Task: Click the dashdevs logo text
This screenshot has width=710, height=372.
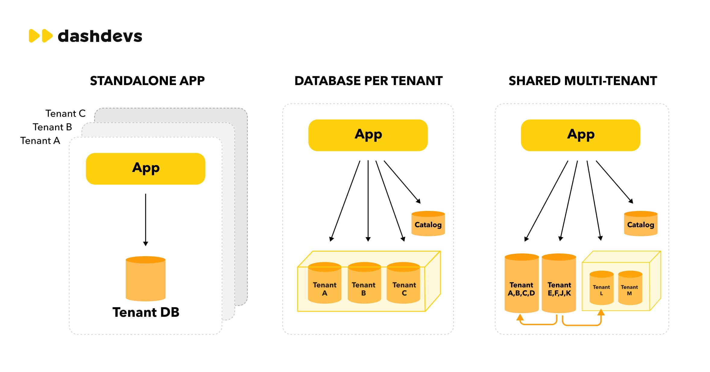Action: (99, 36)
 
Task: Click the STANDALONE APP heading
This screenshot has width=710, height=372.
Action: (147, 81)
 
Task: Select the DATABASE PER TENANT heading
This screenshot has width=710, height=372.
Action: (368, 81)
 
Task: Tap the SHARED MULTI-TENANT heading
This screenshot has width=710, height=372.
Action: (582, 81)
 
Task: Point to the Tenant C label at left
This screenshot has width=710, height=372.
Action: (65, 113)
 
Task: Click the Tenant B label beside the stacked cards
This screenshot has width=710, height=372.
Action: (52, 127)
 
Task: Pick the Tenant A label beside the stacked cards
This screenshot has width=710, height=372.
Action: (40, 141)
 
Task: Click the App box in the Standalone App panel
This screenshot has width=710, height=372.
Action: (145, 169)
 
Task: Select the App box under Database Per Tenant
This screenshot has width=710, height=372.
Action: (368, 135)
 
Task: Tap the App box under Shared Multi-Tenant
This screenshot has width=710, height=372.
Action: (580, 135)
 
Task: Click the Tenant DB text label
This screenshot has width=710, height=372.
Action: (146, 312)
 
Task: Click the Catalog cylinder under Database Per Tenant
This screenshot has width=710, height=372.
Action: (428, 224)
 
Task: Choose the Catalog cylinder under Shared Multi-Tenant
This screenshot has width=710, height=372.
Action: (640, 224)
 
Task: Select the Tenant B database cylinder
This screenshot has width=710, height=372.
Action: (364, 284)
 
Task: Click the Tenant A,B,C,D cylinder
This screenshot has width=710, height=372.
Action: (521, 284)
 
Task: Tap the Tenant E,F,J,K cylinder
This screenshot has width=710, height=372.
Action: (559, 284)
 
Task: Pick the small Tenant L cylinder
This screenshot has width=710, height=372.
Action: (601, 288)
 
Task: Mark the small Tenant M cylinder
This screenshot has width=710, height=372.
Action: (630, 288)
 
